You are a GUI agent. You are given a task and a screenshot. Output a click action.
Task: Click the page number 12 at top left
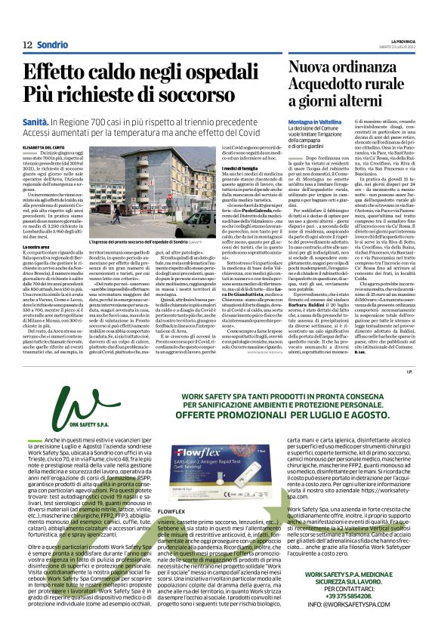(27, 45)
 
